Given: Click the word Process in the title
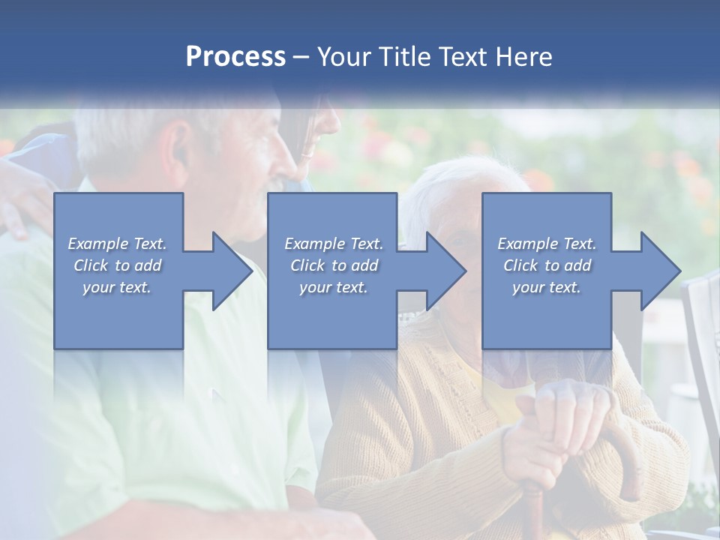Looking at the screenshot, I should click(x=235, y=57).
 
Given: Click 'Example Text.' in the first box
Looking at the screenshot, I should click(x=118, y=244).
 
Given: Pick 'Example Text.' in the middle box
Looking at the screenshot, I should click(x=334, y=244).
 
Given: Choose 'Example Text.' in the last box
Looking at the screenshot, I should click(x=547, y=244).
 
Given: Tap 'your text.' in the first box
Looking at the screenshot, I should click(x=118, y=287).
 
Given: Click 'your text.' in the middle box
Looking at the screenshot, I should click(x=334, y=287).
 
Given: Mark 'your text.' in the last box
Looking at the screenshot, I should click(x=547, y=287).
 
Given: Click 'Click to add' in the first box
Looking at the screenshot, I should click(x=118, y=265).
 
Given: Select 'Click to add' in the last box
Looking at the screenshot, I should click(x=547, y=265).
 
